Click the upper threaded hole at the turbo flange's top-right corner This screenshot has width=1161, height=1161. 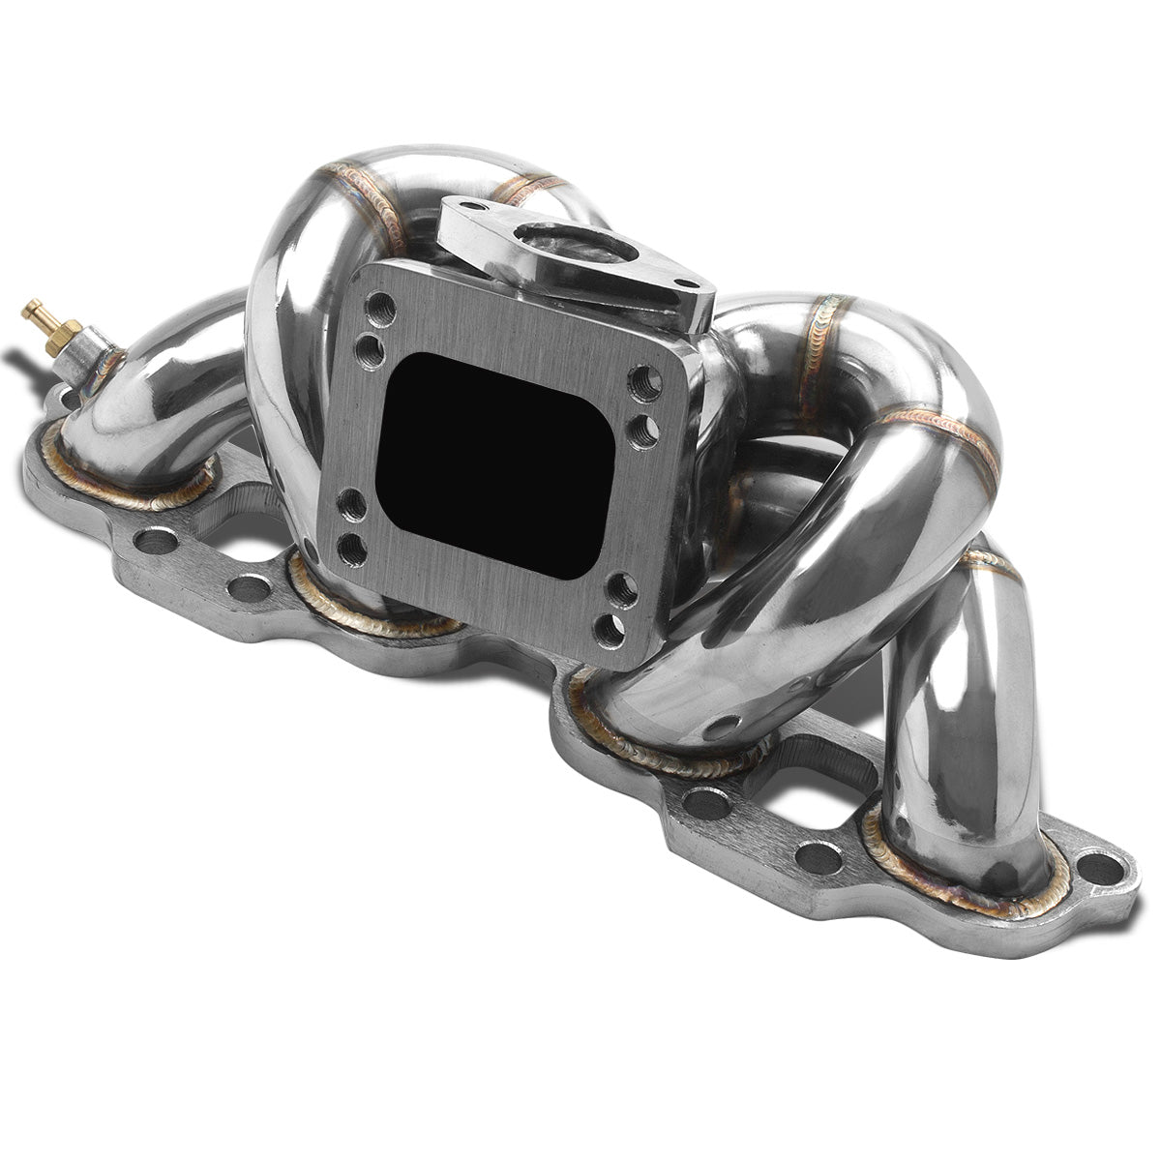point(641,380)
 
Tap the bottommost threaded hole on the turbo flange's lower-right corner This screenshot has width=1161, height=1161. point(610,630)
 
